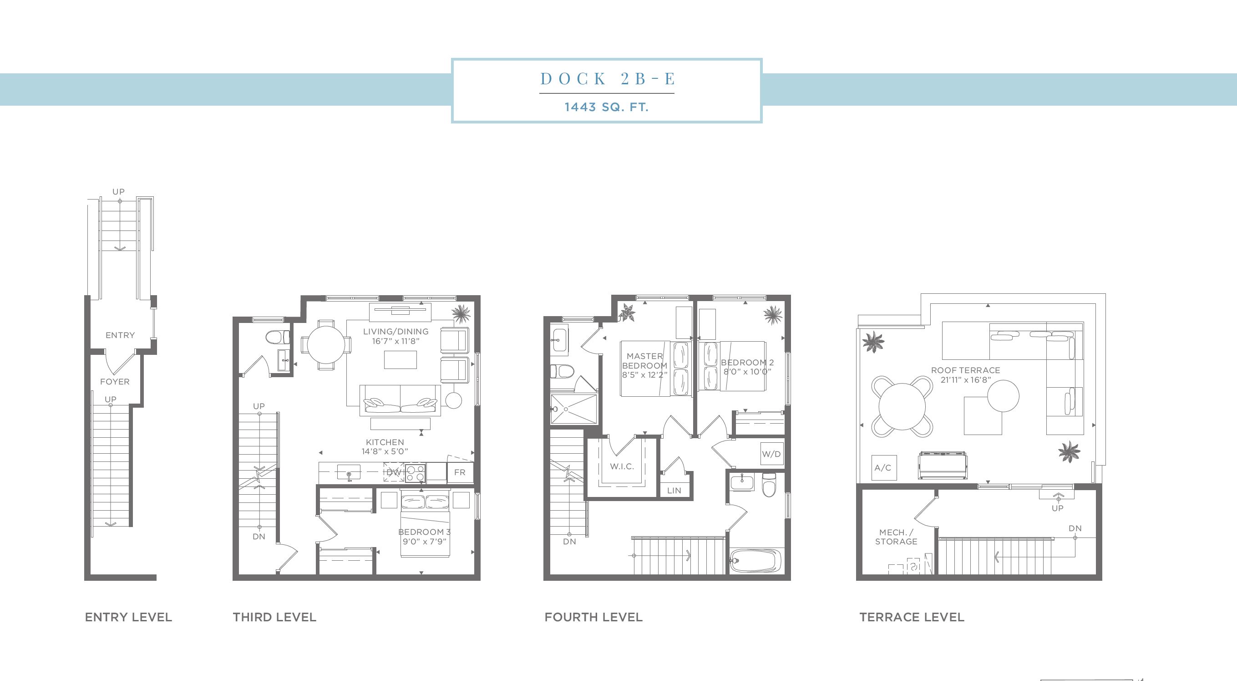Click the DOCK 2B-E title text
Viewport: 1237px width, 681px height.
pos(608,78)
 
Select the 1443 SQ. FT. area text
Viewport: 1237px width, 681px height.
pos(607,107)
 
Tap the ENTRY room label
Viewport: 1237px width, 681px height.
pos(120,335)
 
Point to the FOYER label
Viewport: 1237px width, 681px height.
pos(115,382)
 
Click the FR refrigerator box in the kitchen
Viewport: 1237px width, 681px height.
pos(460,472)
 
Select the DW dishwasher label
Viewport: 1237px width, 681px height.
pos(394,472)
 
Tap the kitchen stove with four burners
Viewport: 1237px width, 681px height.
pos(416,472)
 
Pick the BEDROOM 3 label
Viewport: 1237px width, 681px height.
pos(425,532)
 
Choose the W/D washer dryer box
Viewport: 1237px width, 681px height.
pos(771,454)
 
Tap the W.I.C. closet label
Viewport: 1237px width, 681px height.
pos(622,466)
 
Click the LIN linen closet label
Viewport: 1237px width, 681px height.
pos(674,490)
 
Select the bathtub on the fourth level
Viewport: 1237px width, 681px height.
pos(756,560)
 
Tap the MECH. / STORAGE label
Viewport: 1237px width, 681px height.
pos(896,537)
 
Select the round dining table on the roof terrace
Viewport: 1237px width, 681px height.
pos(902,407)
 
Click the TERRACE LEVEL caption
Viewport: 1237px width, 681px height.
pos(912,617)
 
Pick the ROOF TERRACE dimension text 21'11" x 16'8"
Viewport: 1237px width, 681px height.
pos(966,379)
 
